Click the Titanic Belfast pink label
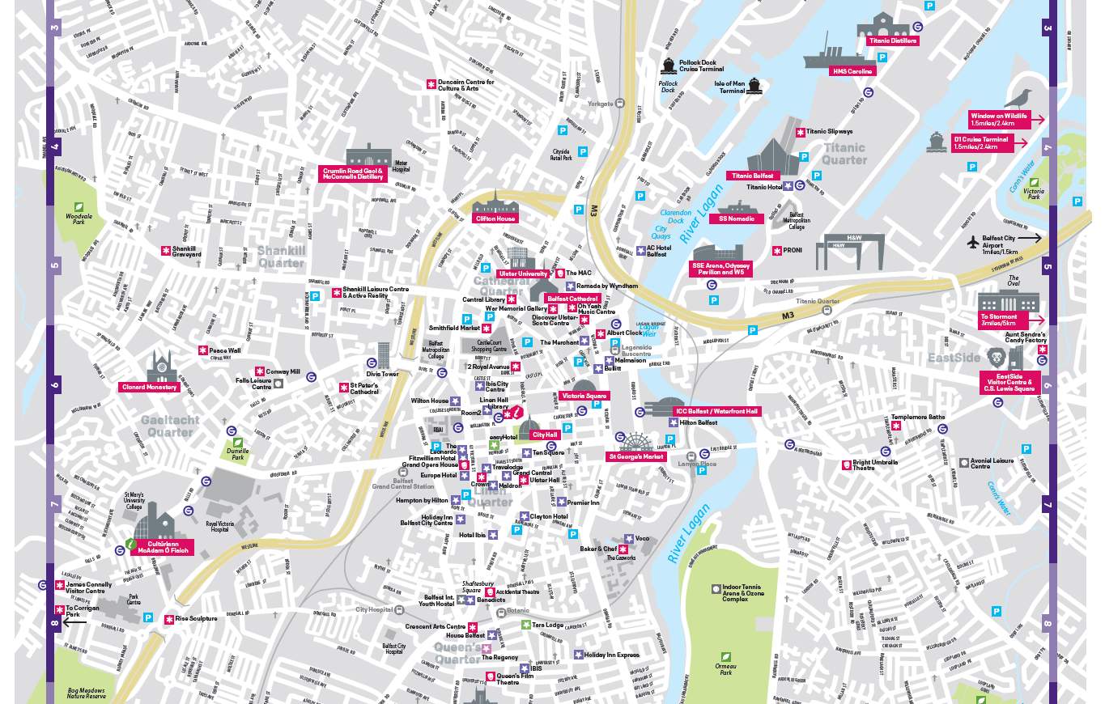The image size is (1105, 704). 753,176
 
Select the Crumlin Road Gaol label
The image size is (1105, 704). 353,174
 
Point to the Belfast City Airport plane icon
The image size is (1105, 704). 973,242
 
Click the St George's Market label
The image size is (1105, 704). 636,456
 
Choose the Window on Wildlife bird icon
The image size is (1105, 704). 1018,100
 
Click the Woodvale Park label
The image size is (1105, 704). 79,218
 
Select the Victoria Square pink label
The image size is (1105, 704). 584,397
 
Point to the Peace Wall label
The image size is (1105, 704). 225,350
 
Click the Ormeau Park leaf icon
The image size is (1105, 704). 726,657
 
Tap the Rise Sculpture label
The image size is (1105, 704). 196,618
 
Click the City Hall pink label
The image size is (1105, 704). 545,435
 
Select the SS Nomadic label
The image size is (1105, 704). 737,218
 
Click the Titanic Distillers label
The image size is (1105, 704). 892,40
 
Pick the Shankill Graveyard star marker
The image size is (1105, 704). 166,251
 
